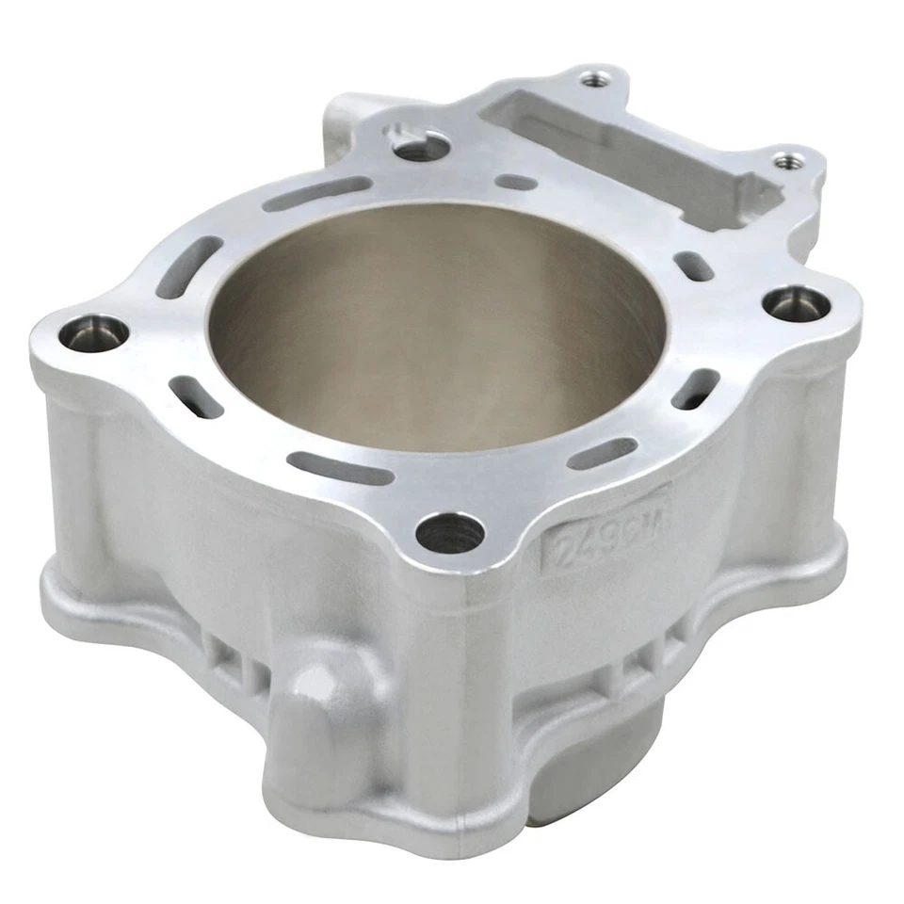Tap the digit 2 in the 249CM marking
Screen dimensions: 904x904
562,547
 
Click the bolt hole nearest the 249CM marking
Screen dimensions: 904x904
450,534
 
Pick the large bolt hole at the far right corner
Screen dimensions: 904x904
796,305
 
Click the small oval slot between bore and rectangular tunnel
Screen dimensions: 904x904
516,182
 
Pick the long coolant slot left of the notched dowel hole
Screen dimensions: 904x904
307,194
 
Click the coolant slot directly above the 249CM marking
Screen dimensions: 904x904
603,453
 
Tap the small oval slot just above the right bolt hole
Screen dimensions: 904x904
697,266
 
